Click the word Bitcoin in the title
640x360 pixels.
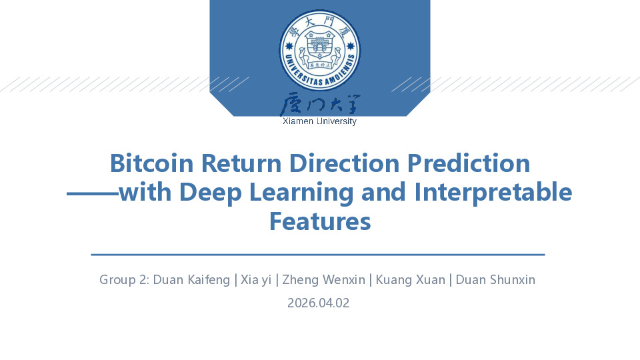tap(151, 163)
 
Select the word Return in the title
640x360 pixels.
tap(241, 163)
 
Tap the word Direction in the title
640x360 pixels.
tap(344, 163)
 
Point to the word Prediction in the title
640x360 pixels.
tap(469, 163)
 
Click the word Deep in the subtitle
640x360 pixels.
tap(211, 193)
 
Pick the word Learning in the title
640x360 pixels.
tap(301, 193)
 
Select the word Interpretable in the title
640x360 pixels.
tap(493, 193)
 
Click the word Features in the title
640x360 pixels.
tap(320, 221)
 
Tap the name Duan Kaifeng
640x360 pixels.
tap(191, 280)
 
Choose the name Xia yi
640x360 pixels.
tap(256, 280)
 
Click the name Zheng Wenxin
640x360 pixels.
tap(324, 280)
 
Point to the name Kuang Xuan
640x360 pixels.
tap(410, 280)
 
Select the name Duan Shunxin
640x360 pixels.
tap(495, 280)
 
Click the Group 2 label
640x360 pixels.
tap(124, 280)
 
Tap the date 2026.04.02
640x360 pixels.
tap(319, 303)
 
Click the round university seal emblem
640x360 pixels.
tap(319, 50)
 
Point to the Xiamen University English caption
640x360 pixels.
tap(319, 121)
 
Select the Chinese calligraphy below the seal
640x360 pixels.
tap(319, 104)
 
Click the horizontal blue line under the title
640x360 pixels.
tap(318, 255)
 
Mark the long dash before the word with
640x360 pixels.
tap(93, 193)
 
